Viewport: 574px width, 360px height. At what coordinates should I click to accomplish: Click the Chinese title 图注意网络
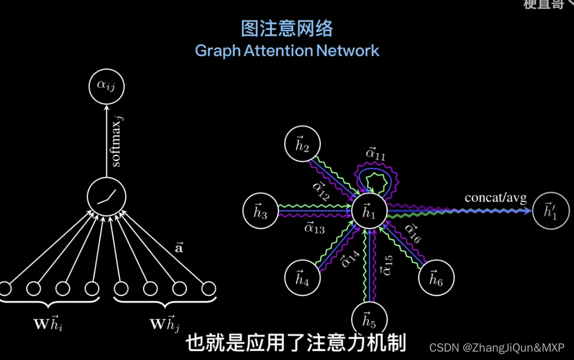286,28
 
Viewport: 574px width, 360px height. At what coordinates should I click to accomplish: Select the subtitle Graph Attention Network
287,50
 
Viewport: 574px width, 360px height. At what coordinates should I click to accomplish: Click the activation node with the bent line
107,196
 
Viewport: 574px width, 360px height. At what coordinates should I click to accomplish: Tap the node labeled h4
303,278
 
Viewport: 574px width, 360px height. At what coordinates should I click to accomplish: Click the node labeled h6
436,278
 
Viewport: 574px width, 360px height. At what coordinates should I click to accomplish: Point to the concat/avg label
496,198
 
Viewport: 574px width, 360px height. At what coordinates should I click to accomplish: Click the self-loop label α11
375,154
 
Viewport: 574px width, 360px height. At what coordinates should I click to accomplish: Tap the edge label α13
315,227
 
